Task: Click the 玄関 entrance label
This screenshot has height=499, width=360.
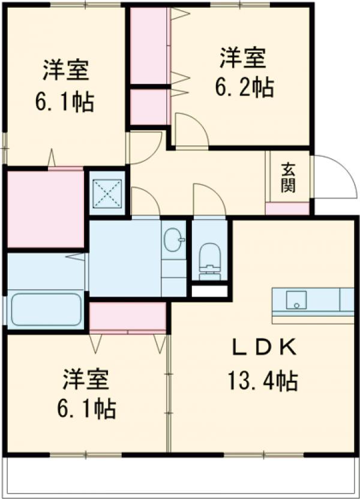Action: pyautogui.click(x=289, y=177)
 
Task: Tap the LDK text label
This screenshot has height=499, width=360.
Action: pyautogui.click(x=263, y=347)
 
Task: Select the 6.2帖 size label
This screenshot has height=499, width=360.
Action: pyautogui.click(x=244, y=88)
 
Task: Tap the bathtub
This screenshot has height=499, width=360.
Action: pyautogui.click(x=46, y=309)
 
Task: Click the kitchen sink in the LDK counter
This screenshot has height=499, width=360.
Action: pyautogui.click(x=296, y=299)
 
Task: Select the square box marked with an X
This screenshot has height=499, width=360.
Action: pyautogui.click(x=107, y=193)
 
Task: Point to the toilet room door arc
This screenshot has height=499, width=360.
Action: pyautogui.click(x=208, y=200)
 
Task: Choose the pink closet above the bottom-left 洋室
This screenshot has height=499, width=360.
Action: pyautogui.click(x=127, y=316)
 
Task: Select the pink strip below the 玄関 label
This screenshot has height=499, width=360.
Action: pyautogui.click(x=288, y=209)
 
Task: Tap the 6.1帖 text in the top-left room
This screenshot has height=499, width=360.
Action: pyautogui.click(x=65, y=102)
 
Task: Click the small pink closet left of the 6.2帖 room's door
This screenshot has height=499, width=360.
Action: pyautogui.click(x=148, y=106)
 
